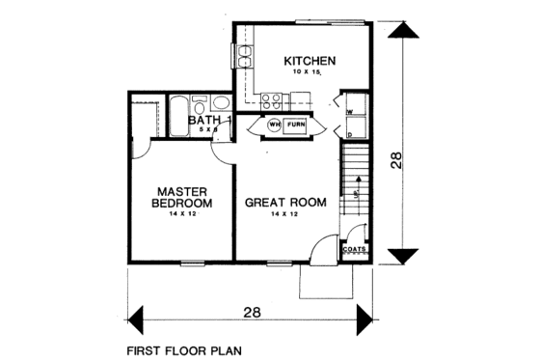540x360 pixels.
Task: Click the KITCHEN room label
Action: click(309, 62)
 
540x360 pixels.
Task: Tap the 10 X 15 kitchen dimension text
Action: click(309, 73)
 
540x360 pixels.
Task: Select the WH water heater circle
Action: click(273, 125)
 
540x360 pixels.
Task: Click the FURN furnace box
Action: click(296, 125)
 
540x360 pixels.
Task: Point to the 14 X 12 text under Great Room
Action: click(284, 216)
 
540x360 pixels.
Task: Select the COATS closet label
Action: click(353, 248)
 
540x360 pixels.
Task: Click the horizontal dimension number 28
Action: click(253, 313)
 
